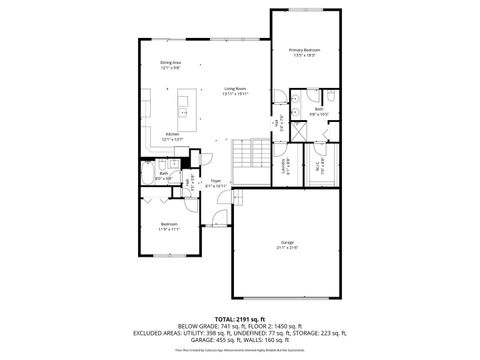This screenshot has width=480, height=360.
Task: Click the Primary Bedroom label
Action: [304, 49]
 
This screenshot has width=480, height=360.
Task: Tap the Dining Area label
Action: [170, 62]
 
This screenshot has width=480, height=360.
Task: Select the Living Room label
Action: [235, 88]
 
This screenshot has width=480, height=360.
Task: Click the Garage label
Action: [287, 242]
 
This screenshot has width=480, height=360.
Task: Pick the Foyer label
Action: [215, 181]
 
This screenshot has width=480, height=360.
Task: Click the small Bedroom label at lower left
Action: [170, 224]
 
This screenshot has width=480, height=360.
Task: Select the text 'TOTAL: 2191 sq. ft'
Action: [240, 318]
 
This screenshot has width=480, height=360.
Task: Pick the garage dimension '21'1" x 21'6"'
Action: [287, 248]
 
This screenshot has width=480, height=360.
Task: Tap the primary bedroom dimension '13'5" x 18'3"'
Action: [304, 55]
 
